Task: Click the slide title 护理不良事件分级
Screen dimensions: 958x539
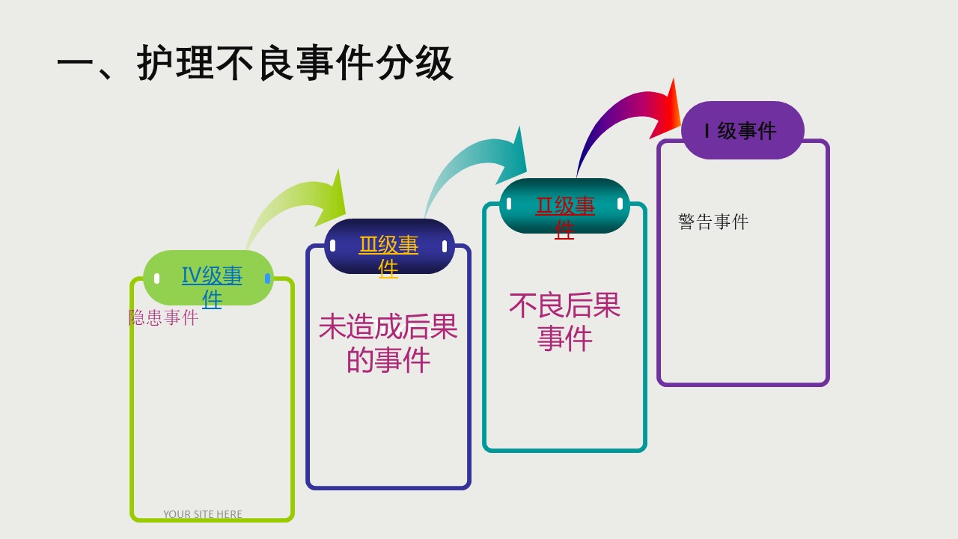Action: pos(295,64)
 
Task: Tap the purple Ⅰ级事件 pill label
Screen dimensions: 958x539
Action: pos(742,130)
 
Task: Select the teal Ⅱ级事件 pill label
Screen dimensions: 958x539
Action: pos(564,206)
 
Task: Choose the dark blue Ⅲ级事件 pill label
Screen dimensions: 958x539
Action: pos(389,246)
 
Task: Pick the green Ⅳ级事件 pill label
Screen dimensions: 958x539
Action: pos(208,278)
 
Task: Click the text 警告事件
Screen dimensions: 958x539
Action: pos(713,222)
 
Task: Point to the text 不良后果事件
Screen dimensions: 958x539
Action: pos(564,322)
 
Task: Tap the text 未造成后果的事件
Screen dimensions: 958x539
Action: pos(388,343)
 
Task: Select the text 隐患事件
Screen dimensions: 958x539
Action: pos(163,317)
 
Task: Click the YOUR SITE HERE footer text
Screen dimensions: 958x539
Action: pos(203,514)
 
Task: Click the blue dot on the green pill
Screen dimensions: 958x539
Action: pos(268,278)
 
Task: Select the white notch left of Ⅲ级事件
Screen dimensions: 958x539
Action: pos(333,246)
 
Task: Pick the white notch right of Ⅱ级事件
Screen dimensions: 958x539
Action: pos(620,204)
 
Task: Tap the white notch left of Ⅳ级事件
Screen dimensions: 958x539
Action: pos(156,278)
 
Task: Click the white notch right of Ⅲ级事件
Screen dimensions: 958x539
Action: pos(445,246)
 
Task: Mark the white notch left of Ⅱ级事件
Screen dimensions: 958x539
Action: pos(509,204)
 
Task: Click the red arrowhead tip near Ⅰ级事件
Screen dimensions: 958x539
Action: pos(674,79)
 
